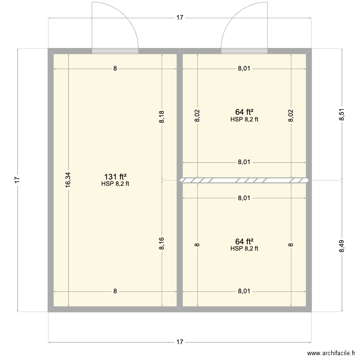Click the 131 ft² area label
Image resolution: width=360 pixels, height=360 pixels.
pos(115,176)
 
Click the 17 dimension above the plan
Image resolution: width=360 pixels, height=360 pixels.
pos(180,18)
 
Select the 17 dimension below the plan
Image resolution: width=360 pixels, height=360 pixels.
pos(180,342)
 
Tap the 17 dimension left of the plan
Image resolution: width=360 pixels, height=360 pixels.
pos(17,180)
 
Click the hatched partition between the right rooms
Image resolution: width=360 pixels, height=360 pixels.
pos(244,180)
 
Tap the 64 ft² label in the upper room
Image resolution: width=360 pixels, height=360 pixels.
pos(244,112)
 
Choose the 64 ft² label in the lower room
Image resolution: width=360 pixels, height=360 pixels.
pos(244,241)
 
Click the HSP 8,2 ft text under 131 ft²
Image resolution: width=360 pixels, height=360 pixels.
pos(115,183)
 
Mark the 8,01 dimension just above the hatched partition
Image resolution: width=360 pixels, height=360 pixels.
pos(244,162)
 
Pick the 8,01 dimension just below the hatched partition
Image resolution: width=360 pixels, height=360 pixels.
pos(244,198)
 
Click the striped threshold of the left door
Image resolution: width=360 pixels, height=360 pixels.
pos(115,50)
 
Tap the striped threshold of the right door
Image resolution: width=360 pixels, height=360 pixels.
pos(244,50)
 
